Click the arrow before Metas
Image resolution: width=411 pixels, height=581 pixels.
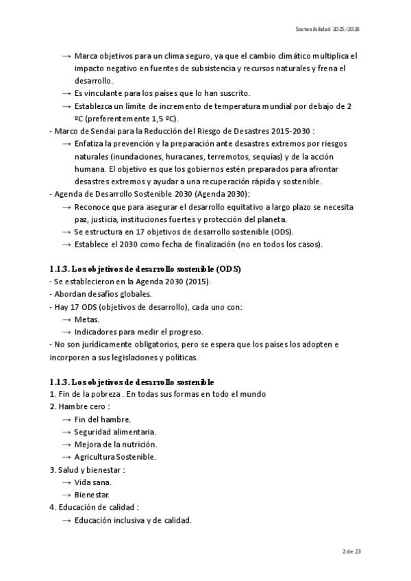tap(67, 319)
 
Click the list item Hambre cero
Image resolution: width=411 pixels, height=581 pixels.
tap(80, 406)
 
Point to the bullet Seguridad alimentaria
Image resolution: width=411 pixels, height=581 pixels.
tap(115, 432)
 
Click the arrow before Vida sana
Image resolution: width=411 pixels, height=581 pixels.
tap(67, 482)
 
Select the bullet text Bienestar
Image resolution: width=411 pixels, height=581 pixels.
tap(92, 495)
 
